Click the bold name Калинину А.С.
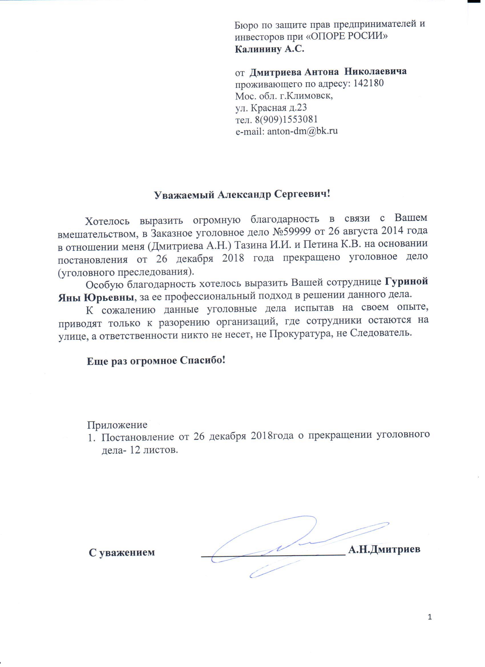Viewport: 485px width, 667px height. pyautogui.click(x=269, y=49)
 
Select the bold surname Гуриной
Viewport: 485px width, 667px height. pyautogui.click(x=406, y=281)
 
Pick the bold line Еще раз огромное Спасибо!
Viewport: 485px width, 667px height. pyautogui.click(x=156, y=361)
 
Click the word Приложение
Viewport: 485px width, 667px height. pyautogui.click(x=117, y=425)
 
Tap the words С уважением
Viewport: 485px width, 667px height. pyautogui.click(x=122, y=552)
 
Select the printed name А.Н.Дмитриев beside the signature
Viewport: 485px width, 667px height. pyautogui.click(x=384, y=549)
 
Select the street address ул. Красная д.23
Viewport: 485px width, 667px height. pyautogui.click(x=271, y=108)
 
